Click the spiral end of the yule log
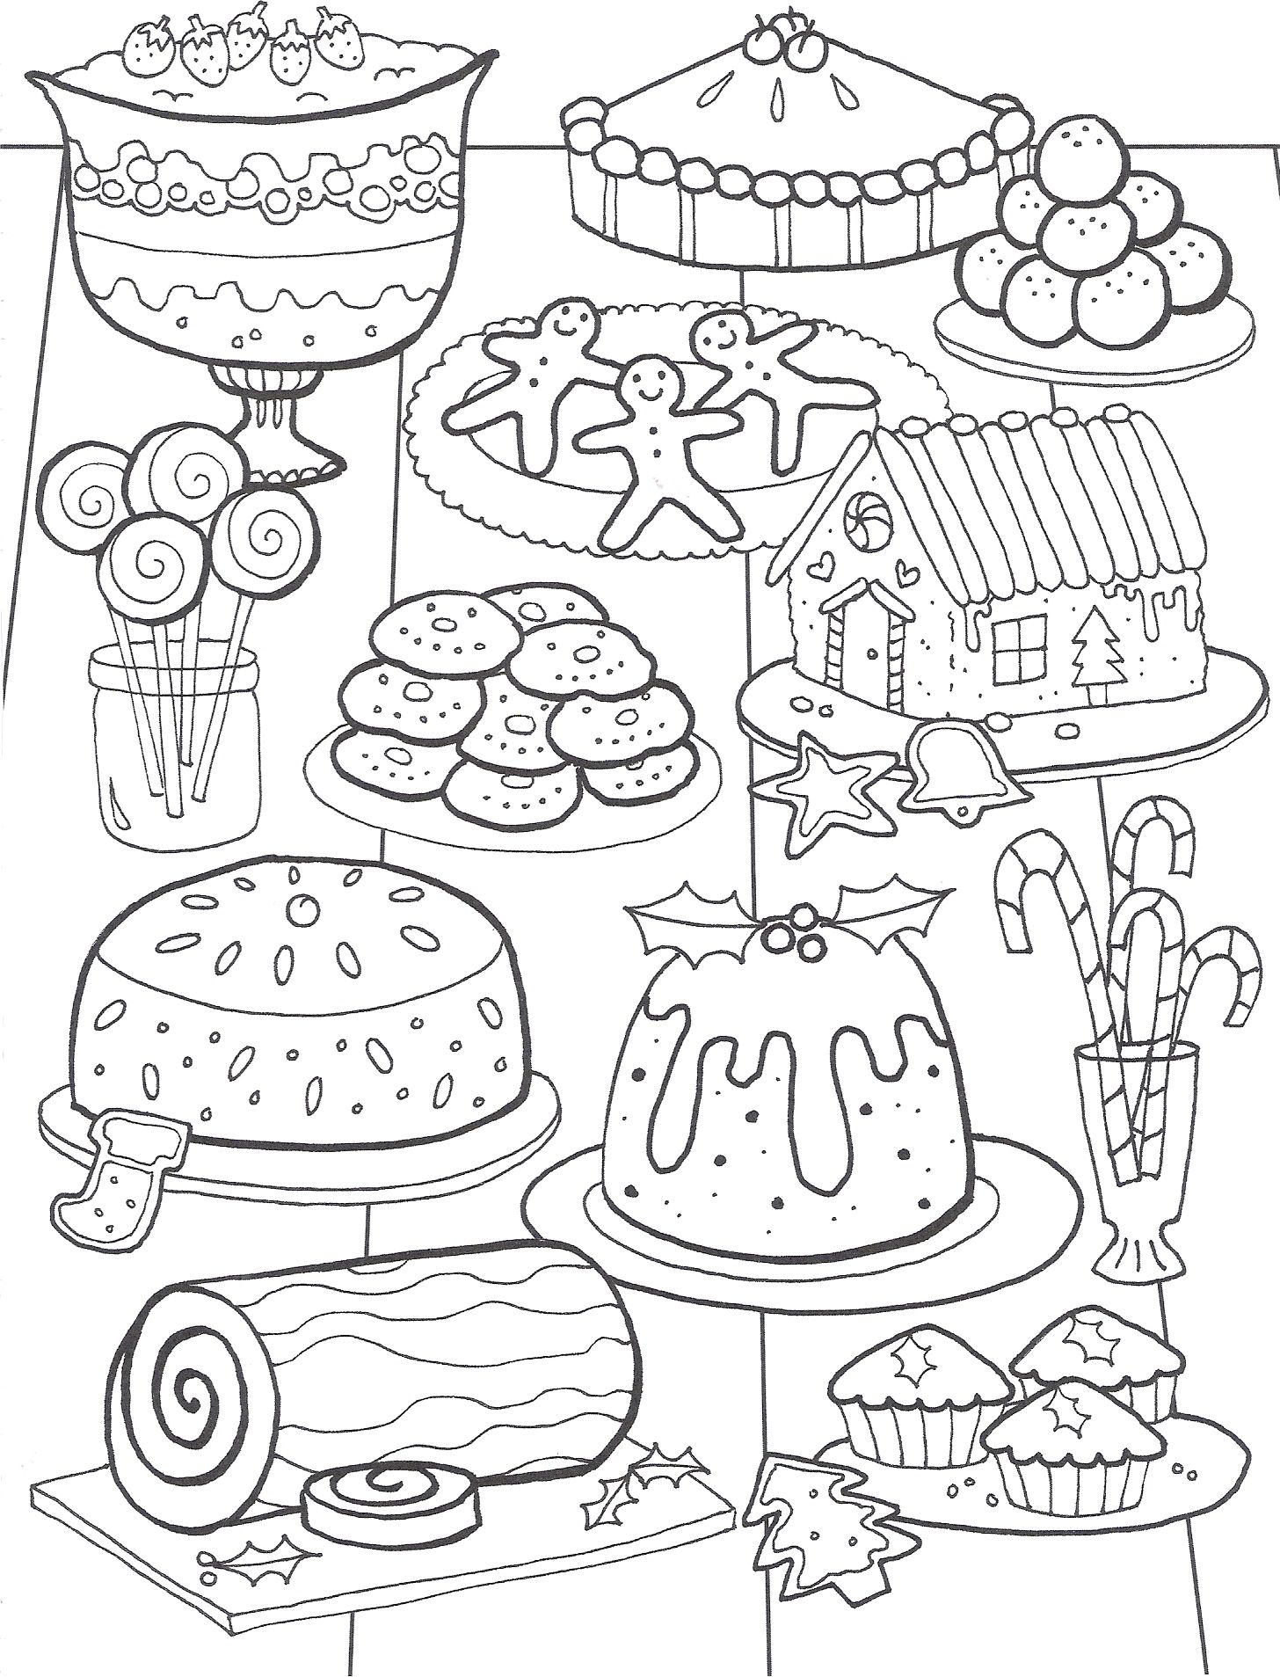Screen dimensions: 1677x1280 (x=189, y=1404)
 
